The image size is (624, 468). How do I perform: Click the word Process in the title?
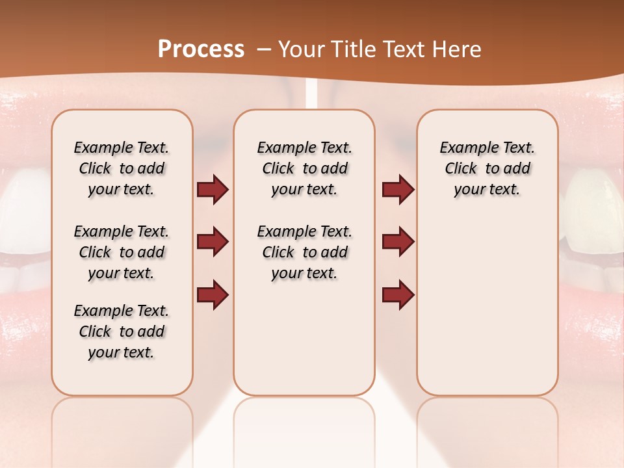[201, 49]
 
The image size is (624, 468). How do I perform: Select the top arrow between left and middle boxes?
[213, 190]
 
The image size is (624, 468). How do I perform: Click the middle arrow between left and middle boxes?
[213, 242]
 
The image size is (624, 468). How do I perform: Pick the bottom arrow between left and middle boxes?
[213, 295]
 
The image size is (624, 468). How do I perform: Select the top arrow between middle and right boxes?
[398, 190]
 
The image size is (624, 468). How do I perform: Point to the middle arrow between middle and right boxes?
[398, 242]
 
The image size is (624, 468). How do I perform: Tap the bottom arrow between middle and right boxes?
[398, 295]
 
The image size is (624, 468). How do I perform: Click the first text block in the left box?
[122, 168]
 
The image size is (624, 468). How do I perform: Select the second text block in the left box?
[122, 252]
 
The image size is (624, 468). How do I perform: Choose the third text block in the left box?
[122, 331]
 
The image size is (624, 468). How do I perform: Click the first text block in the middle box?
[304, 168]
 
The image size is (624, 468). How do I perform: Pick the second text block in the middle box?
[304, 252]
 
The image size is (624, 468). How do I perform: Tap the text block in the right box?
[487, 168]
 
